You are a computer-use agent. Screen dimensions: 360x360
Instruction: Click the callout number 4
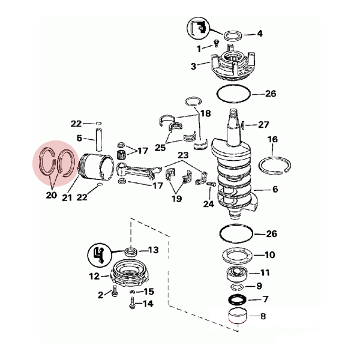(260, 34)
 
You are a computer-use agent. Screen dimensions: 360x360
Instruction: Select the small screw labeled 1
(216, 43)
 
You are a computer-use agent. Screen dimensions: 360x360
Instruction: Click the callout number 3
(194, 67)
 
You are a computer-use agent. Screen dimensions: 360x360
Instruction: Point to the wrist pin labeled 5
(99, 140)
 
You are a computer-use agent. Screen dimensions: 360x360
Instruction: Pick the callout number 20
(51, 195)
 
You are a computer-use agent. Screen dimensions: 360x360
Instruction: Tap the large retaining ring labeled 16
(275, 166)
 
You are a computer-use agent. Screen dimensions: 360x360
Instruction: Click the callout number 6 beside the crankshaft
(275, 190)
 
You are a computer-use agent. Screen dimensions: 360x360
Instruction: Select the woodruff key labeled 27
(242, 124)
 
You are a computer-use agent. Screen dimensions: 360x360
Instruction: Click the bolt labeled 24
(211, 184)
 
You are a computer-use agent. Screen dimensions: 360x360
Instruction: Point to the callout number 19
(177, 199)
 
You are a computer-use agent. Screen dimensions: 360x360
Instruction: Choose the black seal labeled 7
(238, 300)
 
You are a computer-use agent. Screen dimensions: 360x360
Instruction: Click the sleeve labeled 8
(238, 316)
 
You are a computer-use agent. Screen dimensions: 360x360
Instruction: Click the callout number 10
(270, 254)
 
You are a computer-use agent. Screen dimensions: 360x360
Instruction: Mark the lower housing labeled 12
(130, 274)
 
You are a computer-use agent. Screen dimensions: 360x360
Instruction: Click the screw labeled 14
(132, 303)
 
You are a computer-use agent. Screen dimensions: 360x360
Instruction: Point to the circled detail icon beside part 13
(100, 255)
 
